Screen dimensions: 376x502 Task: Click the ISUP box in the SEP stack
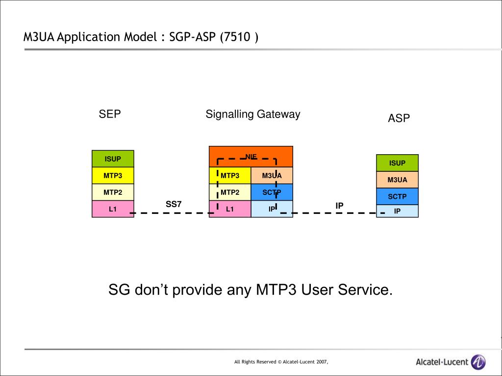(x=113, y=159)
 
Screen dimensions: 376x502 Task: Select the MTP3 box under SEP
(x=113, y=175)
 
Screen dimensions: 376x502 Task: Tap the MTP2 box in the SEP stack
(x=113, y=192)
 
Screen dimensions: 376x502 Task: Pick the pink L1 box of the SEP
(x=113, y=209)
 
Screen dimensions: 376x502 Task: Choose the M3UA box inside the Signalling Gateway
(x=272, y=175)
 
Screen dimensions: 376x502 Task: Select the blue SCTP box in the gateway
(x=272, y=192)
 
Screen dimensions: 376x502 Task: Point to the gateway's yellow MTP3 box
(x=230, y=175)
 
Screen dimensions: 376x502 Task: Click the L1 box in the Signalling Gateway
(x=230, y=209)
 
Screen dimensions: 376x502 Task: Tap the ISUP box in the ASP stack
(x=397, y=163)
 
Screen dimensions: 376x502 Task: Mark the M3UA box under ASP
(x=397, y=180)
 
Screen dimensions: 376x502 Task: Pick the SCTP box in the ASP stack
(x=397, y=196)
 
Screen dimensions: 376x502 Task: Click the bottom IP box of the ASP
(x=397, y=211)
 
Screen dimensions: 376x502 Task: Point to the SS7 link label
(x=174, y=204)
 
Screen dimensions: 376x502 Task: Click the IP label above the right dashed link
(x=339, y=206)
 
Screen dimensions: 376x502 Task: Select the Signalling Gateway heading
(x=252, y=115)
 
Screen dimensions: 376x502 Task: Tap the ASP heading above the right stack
(x=399, y=118)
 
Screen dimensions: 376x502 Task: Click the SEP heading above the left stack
(x=110, y=115)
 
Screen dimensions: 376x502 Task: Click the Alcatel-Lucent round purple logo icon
(x=478, y=362)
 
